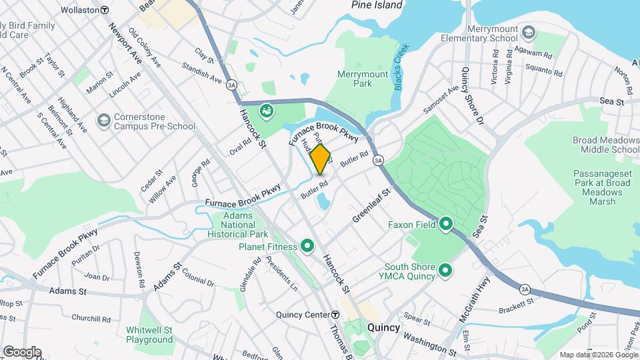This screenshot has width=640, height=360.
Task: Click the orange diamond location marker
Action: (x=320, y=159)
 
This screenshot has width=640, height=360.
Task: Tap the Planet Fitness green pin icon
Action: (x=307, y=247)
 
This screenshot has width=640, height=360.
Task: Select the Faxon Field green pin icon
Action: (x=446, y=225)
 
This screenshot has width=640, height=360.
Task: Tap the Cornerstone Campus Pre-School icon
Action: (x=103, y=120)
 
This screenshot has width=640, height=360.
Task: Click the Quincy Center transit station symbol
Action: (x=335, y=315)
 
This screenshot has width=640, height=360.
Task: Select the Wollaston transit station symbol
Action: (x=105, y=11)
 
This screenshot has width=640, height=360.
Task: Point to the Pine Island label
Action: (x=377, y=5)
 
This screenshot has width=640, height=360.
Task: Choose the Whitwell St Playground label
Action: (x=149, y=335)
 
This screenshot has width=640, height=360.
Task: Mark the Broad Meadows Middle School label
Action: (x=605, y=145)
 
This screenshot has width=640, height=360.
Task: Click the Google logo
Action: (x=22, y=351)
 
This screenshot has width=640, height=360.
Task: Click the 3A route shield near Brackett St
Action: (x=525, y=289)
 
